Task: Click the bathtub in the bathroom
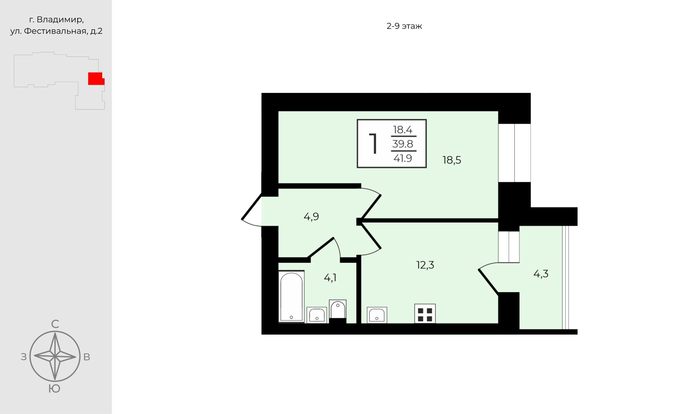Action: tap(291, 296)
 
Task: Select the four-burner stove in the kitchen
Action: tap(425, 314)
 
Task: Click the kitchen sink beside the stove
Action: tap(377, 315)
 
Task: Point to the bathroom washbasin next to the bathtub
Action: tap(317, 315)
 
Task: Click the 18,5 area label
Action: tap(452, 160)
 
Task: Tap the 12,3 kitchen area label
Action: tap(425, 265)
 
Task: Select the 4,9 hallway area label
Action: tap(311, 217)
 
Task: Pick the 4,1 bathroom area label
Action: tap(330, 278)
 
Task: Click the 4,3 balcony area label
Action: tap(541, 274)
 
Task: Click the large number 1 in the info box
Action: tap(373, 144)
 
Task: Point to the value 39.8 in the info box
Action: tap(403, 144)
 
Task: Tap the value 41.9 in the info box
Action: tap(403, 158)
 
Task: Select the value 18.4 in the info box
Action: tap(403, 130)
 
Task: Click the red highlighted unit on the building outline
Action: tap(96, 79)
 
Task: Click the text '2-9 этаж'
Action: tap(404, 26)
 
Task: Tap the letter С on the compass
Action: tap(55, 324)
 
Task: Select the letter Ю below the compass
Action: tap(54, 389)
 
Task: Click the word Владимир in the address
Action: tap(60, 20)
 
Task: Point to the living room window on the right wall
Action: tap(514, 153)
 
